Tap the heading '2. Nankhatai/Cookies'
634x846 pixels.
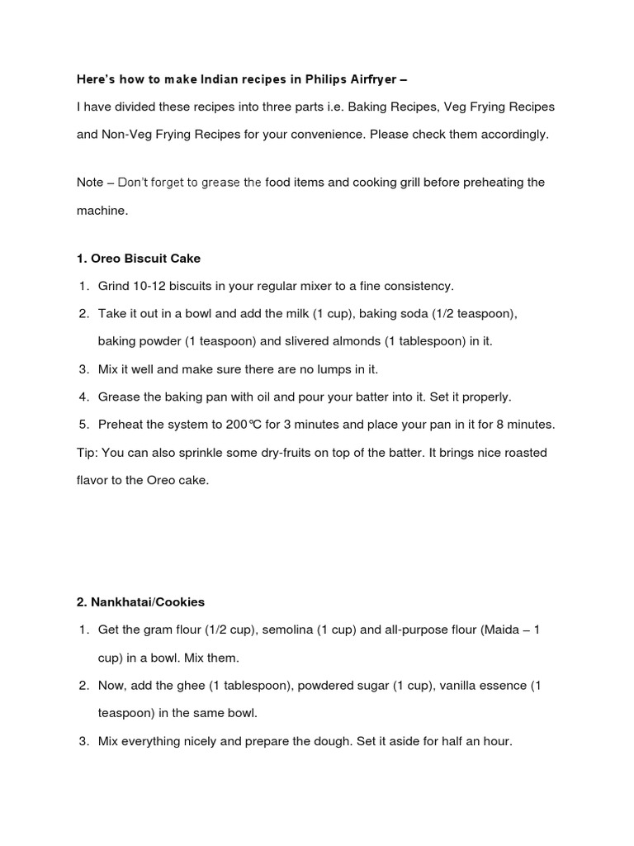tap(140, 601)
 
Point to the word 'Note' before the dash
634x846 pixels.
tap(90, 182)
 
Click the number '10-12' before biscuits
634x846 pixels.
tap(149, 286)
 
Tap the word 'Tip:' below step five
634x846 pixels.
tap(88, 453)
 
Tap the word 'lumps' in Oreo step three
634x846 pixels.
tap(321, 369)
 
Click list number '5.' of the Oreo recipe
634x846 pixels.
tap(83, 425)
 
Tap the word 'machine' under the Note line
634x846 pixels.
tap(101, 210)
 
